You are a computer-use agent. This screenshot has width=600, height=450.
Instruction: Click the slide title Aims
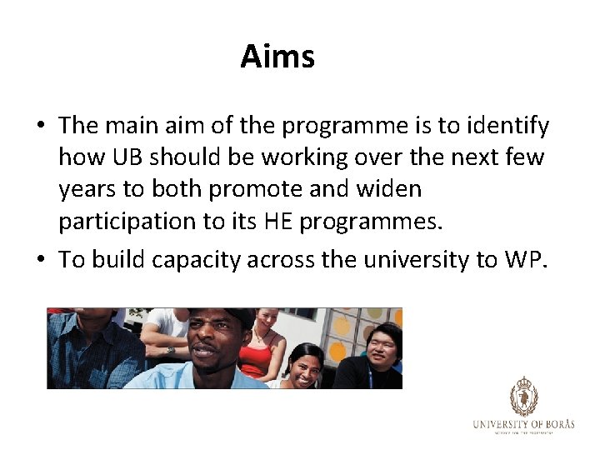coord(277,57)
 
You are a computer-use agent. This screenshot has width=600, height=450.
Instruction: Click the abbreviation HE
coord(278,221)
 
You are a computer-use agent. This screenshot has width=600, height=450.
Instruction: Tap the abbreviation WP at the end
coord(524,260)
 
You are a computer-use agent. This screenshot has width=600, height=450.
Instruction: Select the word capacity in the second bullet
coord(203,260)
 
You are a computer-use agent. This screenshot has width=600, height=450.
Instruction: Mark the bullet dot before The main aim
coord(40,127)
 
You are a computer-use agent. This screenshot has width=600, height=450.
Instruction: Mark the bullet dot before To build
coord(40,261)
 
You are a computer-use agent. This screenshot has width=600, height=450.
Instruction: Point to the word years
coord(87,189)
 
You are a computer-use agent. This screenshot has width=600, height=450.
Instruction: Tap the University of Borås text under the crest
coord(523,424)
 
